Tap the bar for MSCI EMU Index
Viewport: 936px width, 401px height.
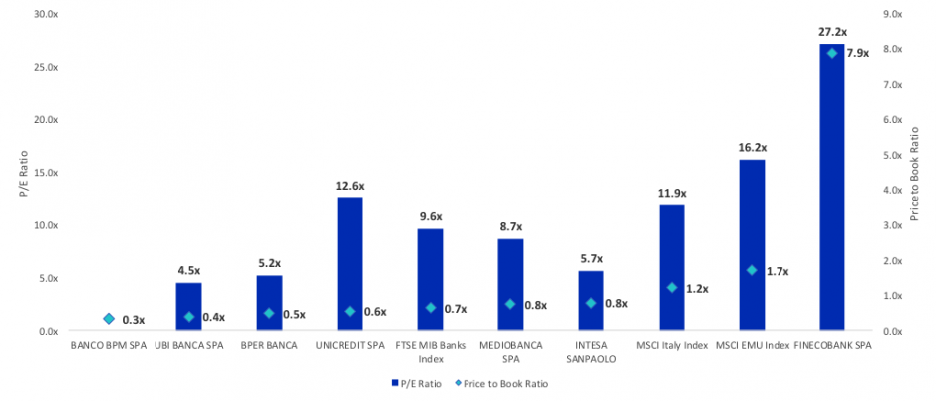[x=752, y=245]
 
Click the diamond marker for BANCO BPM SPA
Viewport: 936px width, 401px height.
[x=109, y=319]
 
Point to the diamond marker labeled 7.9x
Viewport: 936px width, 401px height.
[x=831, y=53]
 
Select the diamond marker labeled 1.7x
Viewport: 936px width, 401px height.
[x=752, y=270]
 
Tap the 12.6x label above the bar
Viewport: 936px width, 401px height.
[x=350, y=185]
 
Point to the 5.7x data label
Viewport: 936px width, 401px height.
[x=591, y=258]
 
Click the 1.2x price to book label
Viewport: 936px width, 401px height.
[x=697, y=289]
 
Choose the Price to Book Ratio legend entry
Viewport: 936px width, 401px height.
[x=500, y=383]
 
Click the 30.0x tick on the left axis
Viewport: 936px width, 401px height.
[x=46, y=14]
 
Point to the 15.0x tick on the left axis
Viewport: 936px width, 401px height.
[x=46, y=173]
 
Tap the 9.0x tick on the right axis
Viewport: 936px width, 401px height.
[x=894, y=14]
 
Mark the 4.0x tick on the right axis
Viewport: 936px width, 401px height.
[x=894, y=190]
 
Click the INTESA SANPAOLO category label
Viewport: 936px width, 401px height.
[x=591, y=352]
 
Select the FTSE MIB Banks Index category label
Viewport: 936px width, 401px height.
[x=430, y=352]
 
